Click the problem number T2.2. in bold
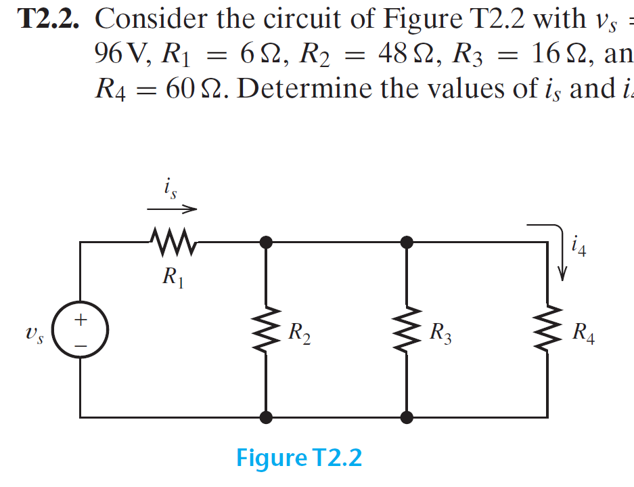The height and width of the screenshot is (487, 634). pos(48,20)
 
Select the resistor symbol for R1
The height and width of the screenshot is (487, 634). pos(173,240)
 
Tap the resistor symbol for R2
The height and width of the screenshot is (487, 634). pos(267,331)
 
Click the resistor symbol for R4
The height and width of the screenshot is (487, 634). pos(547,331)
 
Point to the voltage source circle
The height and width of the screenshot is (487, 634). pos(79,331)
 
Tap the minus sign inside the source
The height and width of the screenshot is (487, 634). pos(79,343)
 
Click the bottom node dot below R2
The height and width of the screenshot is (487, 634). pos(267,417)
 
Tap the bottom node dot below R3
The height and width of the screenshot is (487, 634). pos(406,417)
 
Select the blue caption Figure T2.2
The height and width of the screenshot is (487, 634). pos(299,459)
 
